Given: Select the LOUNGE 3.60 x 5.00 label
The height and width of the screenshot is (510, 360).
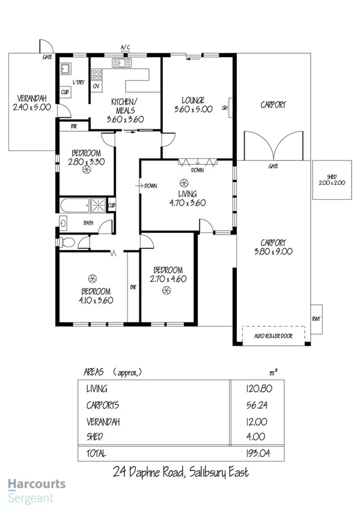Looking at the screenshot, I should pos(193,105).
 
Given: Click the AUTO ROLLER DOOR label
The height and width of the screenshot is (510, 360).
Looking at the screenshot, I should pos(273,336).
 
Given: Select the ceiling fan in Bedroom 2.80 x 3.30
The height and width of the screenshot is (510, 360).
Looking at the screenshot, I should pos(87,171).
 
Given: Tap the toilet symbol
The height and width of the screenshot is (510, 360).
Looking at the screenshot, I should pos(67,242).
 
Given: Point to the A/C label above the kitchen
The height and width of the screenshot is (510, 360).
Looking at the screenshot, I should pos(125,47).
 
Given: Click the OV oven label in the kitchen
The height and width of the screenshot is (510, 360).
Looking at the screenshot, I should pos(96,85).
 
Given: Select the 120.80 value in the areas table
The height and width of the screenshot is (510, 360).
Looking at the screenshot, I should pos(255,389).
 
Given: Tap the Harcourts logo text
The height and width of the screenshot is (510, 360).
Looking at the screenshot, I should pos(37,485).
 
